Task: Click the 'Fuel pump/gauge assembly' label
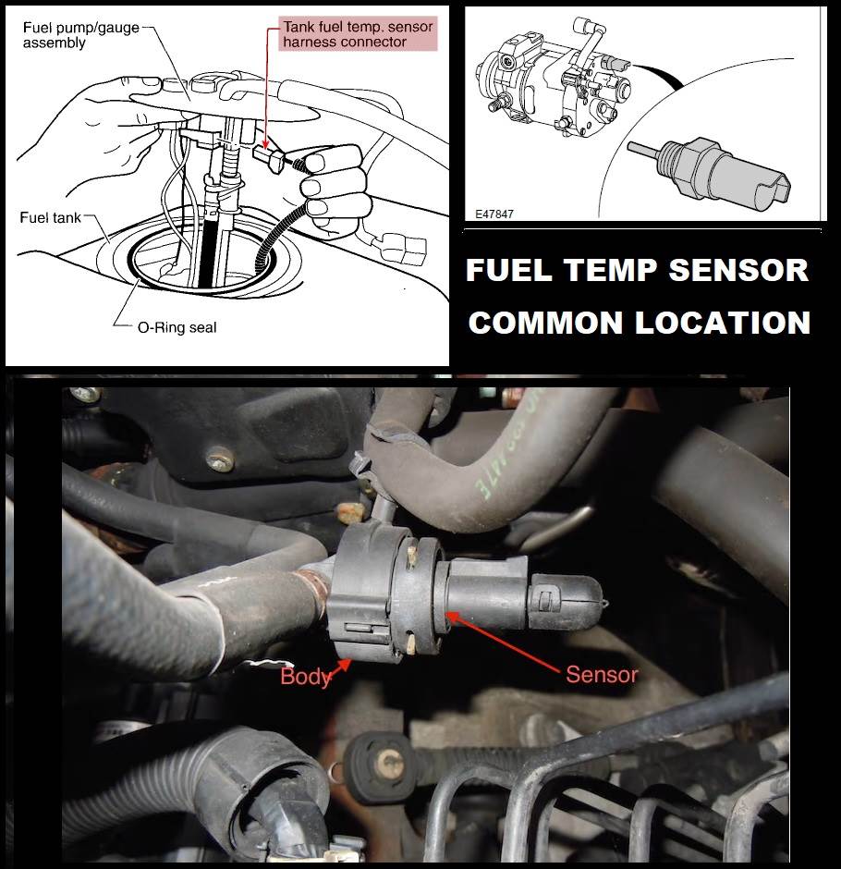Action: click(81, 35)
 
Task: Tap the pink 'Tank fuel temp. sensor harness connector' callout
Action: click(358, 34)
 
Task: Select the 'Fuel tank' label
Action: click(51, 217)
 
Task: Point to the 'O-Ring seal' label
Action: click(177, 327)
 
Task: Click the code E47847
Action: click(494, 214)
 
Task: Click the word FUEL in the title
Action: click(508, 270)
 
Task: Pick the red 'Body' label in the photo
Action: click(305, 676)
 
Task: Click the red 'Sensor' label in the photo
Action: click(602, 675)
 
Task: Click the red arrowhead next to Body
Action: click(344, 664)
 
